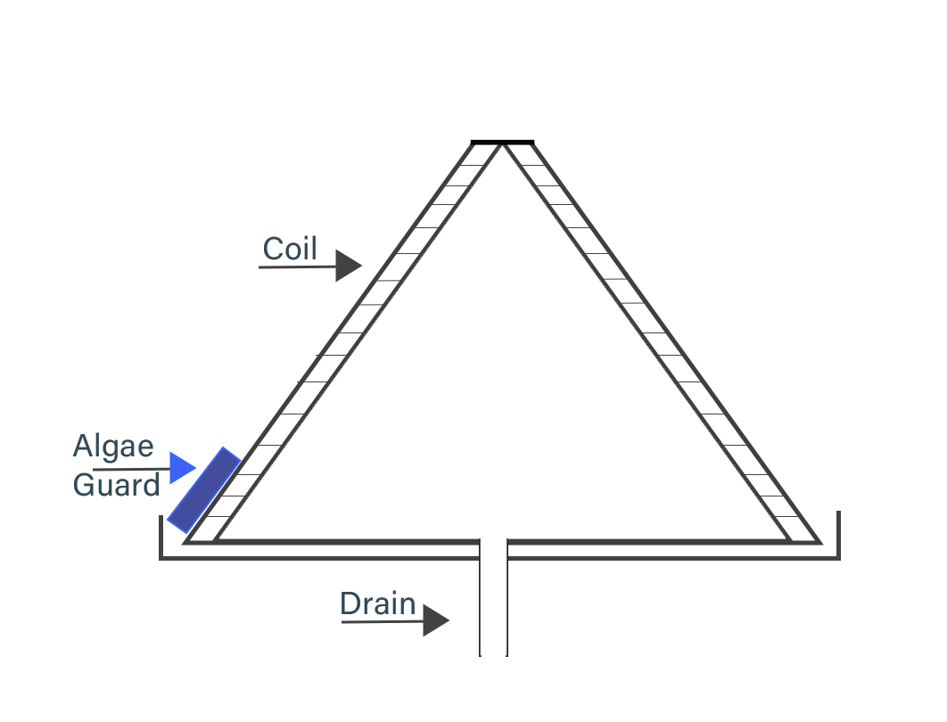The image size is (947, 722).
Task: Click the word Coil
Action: point(290,249)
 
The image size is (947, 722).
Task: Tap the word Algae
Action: point(113,446)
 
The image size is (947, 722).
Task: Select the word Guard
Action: point(116,485)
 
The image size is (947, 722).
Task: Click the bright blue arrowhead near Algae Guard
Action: point(181,468)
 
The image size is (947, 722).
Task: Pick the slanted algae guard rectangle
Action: point(203,490)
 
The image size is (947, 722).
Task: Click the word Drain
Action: point(378,604)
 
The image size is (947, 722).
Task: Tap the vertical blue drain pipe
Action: point(493,597)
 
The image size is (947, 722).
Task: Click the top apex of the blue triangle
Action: point(502,151)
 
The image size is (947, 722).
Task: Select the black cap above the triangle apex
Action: point(502,142)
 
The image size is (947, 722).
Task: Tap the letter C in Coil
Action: point(272,249)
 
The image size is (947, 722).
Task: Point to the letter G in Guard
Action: point(85,485)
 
